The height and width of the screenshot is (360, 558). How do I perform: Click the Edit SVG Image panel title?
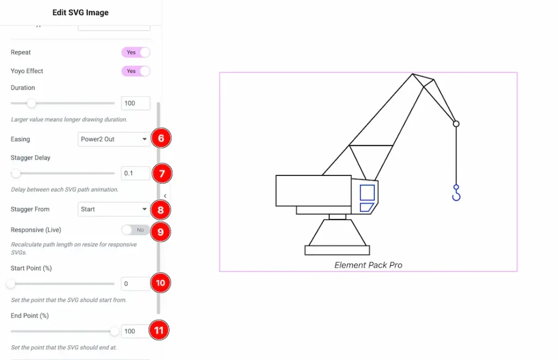(80, 13)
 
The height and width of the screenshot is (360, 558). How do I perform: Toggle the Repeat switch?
(135, 52)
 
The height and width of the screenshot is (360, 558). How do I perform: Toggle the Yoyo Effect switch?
(135, 71)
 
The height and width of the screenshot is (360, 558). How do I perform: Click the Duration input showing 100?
(135, 103)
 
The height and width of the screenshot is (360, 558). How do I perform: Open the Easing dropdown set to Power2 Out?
(113, 139)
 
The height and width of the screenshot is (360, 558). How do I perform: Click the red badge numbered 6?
(161, 139)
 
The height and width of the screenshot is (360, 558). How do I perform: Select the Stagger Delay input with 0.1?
(135, 173)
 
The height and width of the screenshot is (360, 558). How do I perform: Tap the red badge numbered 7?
(161, 174)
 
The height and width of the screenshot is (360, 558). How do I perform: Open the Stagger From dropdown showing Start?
(113, 209)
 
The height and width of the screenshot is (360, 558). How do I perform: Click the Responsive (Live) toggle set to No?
(135, 230)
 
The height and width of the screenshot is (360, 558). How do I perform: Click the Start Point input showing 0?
(135, 284)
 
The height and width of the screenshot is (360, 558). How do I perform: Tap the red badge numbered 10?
(160, 283)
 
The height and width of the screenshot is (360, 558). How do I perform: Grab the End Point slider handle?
(114, 331)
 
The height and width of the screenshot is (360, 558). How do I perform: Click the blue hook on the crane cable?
(456, 193)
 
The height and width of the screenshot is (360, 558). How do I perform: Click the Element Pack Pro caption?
(368, 265)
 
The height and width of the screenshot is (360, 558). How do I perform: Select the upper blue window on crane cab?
(367, 192)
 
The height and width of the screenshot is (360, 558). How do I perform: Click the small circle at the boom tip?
(456, 124)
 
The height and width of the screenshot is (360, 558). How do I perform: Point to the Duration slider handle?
(32, 103)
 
